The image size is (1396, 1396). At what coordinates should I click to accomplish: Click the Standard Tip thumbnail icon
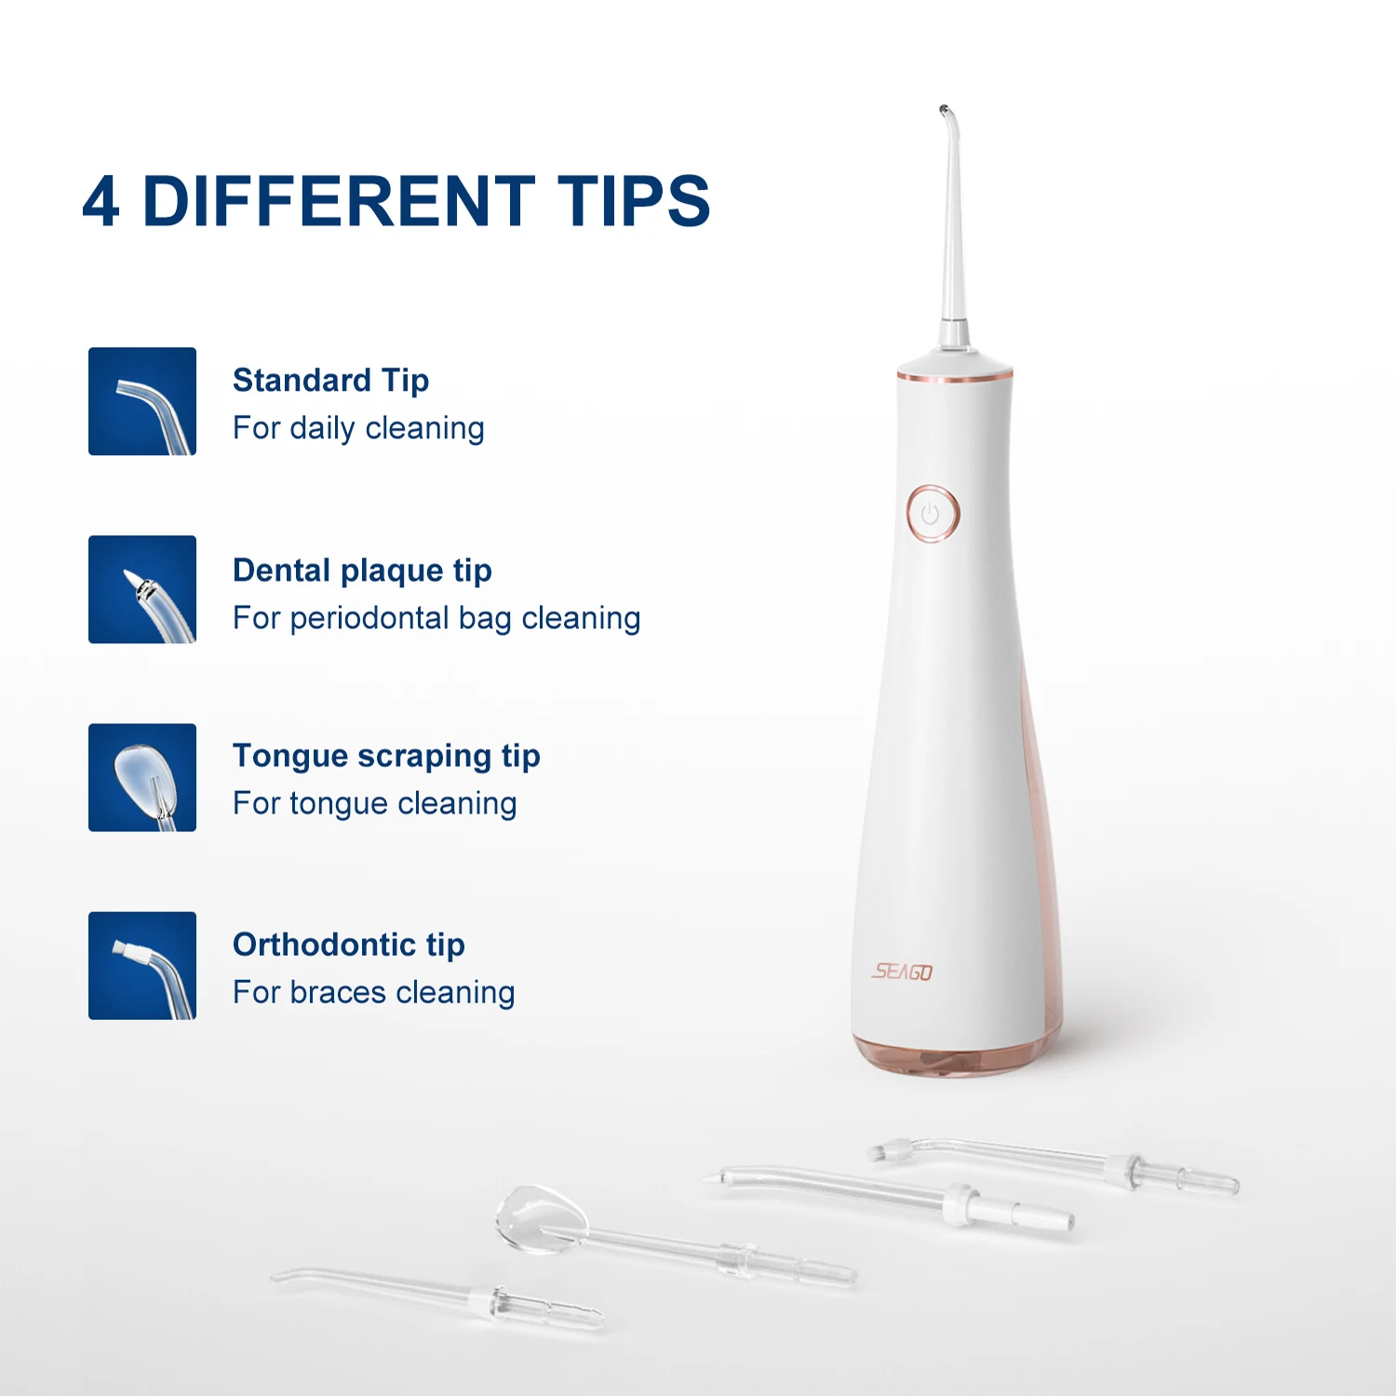(142, 401)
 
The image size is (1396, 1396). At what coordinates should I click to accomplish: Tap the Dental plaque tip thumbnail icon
(142, 589)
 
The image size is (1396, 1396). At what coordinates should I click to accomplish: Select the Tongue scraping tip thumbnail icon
(142, 777)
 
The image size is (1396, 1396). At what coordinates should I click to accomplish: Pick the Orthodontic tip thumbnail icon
(142, 965)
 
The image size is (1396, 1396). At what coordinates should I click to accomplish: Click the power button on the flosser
(932, 513)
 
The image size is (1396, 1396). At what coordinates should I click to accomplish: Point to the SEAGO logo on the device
(902, 972)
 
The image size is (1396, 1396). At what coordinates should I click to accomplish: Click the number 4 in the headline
(101, 201)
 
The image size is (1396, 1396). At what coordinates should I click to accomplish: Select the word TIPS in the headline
(634, 201)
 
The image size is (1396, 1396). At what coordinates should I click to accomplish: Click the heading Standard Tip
(330, 381)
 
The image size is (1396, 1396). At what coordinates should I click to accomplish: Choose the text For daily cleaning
(358, 428)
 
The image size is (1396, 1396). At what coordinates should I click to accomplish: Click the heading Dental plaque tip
(362, 570)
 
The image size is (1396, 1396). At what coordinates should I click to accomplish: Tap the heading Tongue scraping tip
(386, 757)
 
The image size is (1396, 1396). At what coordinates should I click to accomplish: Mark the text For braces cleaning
(373, 992)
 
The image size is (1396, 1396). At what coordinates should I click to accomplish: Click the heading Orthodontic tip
(349, 945)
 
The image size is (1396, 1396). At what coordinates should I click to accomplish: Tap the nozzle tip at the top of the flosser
(945, 114)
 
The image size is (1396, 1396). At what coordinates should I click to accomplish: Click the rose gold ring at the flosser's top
(954, 377)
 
